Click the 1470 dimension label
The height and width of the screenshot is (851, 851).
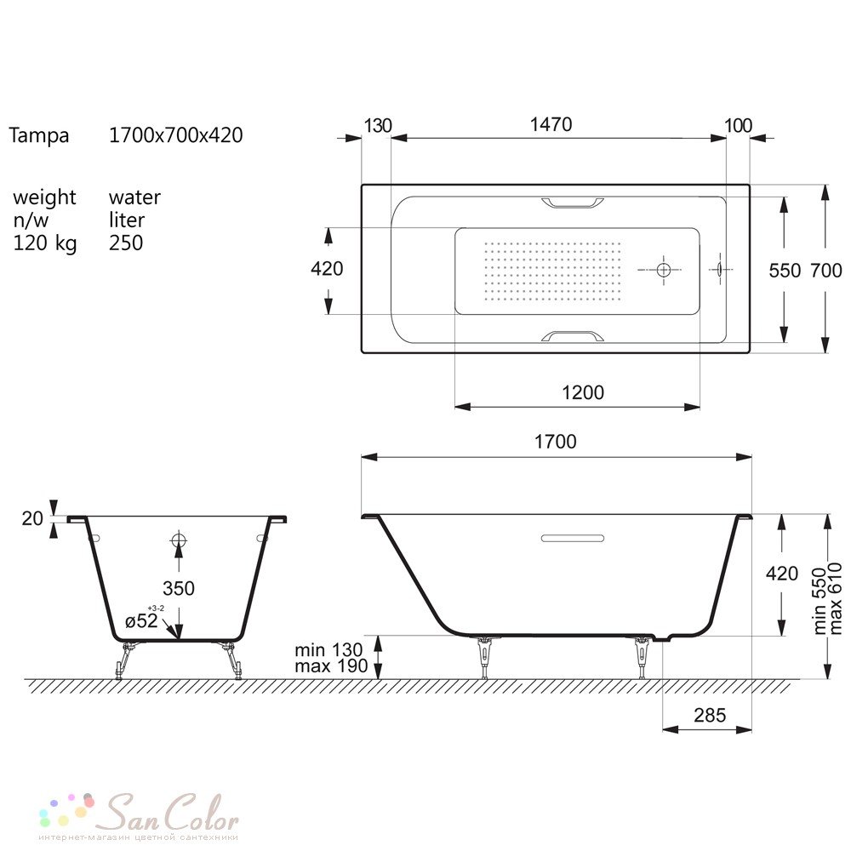551,124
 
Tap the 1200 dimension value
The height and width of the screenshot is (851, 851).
583,392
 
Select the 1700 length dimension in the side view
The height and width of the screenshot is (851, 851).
555,442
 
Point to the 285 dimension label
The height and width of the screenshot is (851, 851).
710,716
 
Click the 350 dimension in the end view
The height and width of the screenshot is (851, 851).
179,588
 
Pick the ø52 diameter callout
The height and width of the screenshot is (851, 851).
141,620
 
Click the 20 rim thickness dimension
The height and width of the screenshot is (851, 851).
32,518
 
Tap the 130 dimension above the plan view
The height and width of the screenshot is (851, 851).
378,125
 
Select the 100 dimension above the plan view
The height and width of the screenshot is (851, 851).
738,125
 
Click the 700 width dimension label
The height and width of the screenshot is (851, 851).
826,271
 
